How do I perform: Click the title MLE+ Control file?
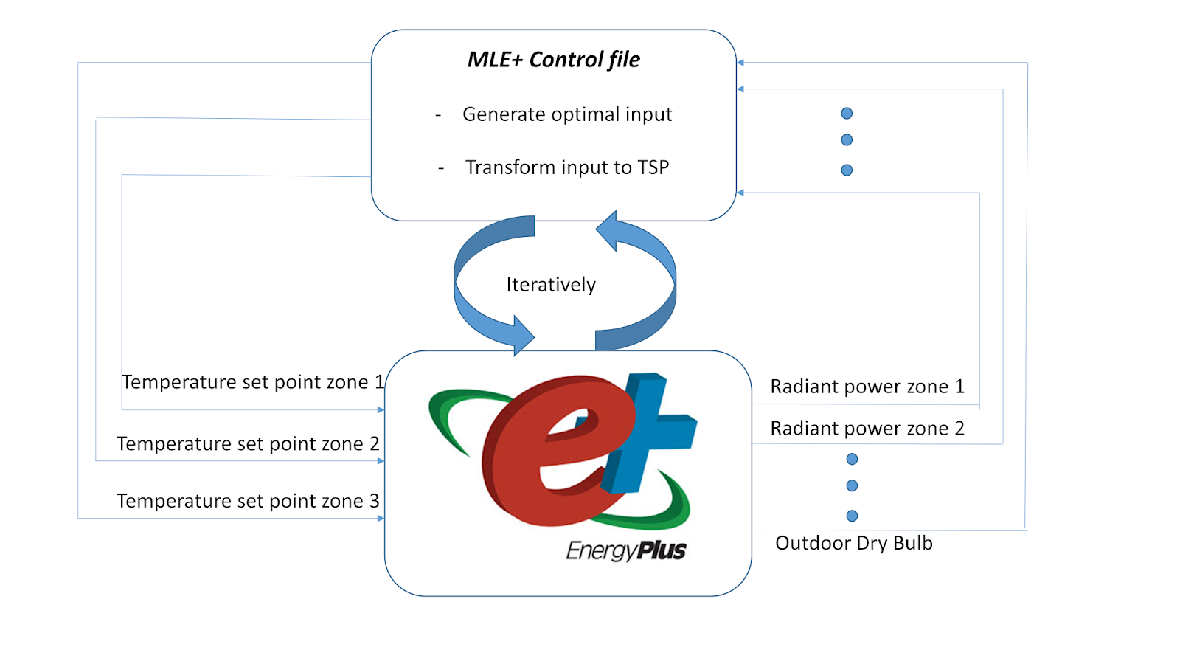pyautogui.click(x=553, y=60)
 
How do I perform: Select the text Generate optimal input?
pyautogui.click(x=566, y=114)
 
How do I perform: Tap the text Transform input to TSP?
pyautogui.click(x=566, y=167)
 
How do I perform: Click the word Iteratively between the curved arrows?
pyautogui.click(x=551, y=285)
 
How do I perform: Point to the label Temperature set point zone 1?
pyautogui.click(x=252, y=382)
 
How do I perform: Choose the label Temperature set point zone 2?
pyautogui.click(x=248, y=443)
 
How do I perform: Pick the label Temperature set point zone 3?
pyautogui.click(x=248, y=501)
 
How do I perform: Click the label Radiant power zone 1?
pyautogui.click(x=867, y=387)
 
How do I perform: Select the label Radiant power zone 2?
pyautogui.click(x=867, y=429)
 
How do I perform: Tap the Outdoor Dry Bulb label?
pyautogui.click(x=854, y=544)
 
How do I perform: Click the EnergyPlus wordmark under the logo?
pyautogui.click(x=625, y=550)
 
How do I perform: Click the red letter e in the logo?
pyautogui.click(x=546, y=457)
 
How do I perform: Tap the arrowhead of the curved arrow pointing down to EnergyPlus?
pyautogui.click(x=522, y=336)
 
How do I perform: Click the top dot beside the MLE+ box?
pyautogui.click(x=847, y=114)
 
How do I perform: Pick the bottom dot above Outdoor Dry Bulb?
pyautogui.click(x=852, y=516)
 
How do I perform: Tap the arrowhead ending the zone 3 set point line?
pyautogui.click(x=381, y=519)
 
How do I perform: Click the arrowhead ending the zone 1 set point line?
pyautogui.click(x=381, y=409)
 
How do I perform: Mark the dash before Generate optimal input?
pyautogui.click(x=438, y=115)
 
